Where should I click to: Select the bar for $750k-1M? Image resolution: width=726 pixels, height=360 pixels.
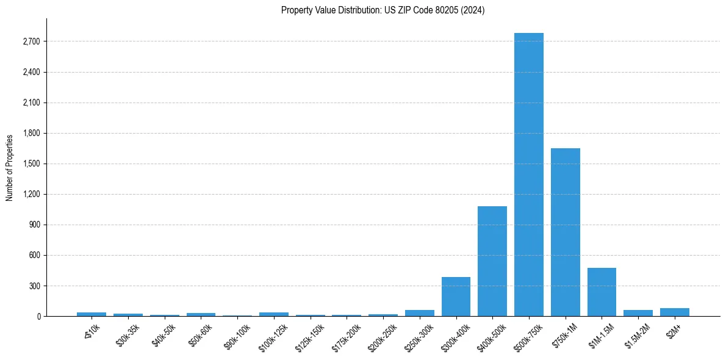[565, 232]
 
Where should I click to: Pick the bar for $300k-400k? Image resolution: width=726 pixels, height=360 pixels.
[456, 297]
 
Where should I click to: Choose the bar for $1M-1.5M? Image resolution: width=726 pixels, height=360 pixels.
[602, 292]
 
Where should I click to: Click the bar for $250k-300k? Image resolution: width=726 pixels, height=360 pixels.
[419, 313]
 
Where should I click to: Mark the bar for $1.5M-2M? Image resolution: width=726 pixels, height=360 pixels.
[638, 313]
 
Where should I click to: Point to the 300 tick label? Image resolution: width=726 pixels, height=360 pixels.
[35, 286]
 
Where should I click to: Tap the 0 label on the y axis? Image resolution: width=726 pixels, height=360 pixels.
[38, 316]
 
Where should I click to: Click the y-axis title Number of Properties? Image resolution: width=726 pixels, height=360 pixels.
[10, 167]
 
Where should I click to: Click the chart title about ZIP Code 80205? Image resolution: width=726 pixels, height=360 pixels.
[383, 10]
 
